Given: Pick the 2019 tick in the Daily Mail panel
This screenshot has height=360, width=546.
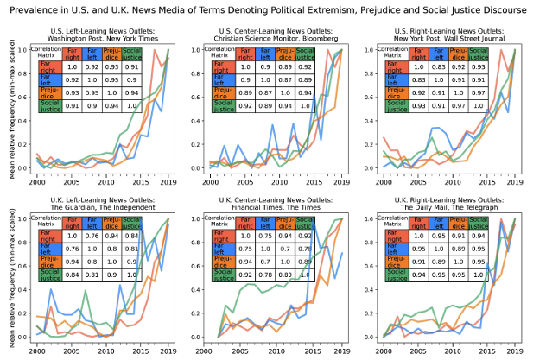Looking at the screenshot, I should [515, 351].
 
